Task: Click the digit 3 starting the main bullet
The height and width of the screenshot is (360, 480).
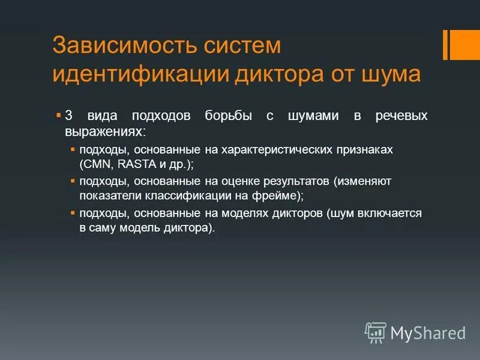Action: [x=68, y=116]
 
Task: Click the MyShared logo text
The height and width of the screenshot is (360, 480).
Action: [x=428, y=332]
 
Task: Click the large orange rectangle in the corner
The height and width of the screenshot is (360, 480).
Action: [x=466, y=44]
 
